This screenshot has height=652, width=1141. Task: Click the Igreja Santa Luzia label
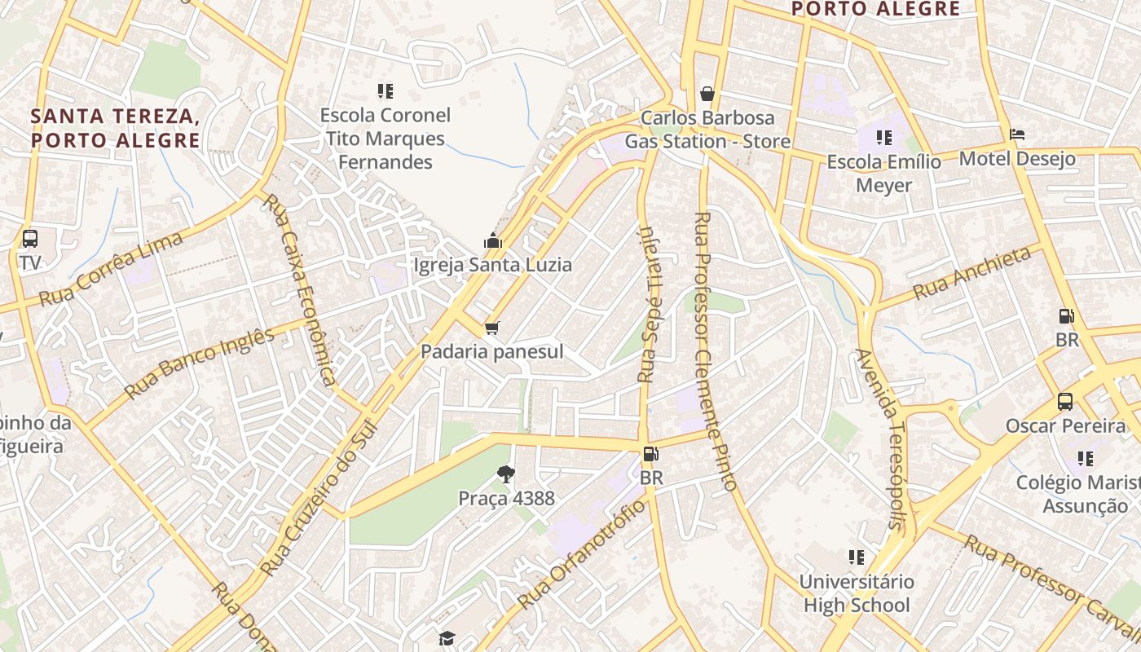(x=492, y=265)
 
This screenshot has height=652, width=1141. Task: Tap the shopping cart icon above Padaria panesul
(x=491, y=328)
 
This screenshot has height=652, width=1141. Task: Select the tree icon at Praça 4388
(x=506, y=474)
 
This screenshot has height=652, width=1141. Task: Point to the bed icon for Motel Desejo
(x=1016, y=134)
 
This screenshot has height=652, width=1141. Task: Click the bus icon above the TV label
(x=30, y=239)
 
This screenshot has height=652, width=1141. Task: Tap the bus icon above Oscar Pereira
(x=1064, y=401)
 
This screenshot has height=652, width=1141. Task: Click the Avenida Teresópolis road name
(x=881, y=439)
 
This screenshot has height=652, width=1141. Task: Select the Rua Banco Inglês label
(x=200, y=363)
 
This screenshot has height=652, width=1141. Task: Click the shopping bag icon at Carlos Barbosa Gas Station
(x=707, y=94)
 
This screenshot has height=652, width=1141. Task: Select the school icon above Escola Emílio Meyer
(x=884, y=138)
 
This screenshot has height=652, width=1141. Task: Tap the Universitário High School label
(x=856, y=593)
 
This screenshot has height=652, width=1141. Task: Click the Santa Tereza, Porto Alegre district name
(x=115, y=128)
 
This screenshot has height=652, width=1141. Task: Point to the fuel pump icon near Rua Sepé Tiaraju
(x=650, y=454)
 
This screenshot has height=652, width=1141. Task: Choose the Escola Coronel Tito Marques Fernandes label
(x=385, y=139)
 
